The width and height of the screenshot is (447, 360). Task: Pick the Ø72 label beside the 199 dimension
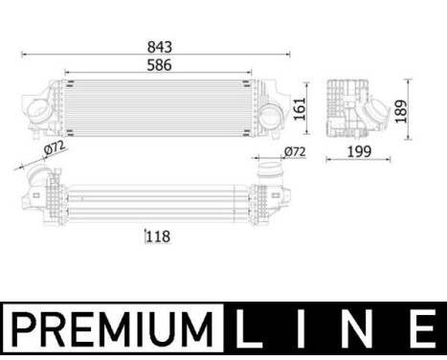coord(294,150)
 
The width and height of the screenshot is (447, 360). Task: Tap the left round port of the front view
coord(39,112)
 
